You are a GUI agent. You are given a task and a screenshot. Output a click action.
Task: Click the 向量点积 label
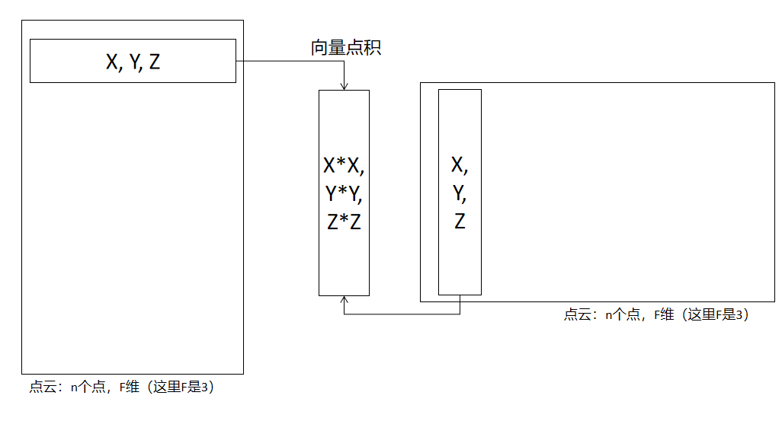pyautogui.click(x=345, y=48)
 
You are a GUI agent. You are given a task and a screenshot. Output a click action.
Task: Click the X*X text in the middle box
pyautogui.click(x=343, y=165)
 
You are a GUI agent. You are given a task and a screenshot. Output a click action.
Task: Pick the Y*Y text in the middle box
pyautogui.click(x=343, y=194)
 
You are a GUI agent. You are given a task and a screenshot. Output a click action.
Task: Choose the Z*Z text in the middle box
pyautogui.click(x=343, y=222)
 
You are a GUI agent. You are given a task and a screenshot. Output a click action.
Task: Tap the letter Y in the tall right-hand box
pyautogui.click(x=459, y=194)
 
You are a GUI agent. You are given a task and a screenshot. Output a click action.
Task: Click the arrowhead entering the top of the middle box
pyautogui.click(x=345, y=87)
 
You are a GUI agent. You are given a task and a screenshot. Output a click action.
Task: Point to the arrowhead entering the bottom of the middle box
pyautogui.click(x=345, y=299)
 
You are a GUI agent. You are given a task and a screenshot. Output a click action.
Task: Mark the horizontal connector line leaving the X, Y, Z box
pyautogui.click(x=290, y=62)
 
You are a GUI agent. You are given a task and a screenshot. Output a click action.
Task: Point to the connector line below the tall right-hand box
pyautogui.click(x=404, y=314)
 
